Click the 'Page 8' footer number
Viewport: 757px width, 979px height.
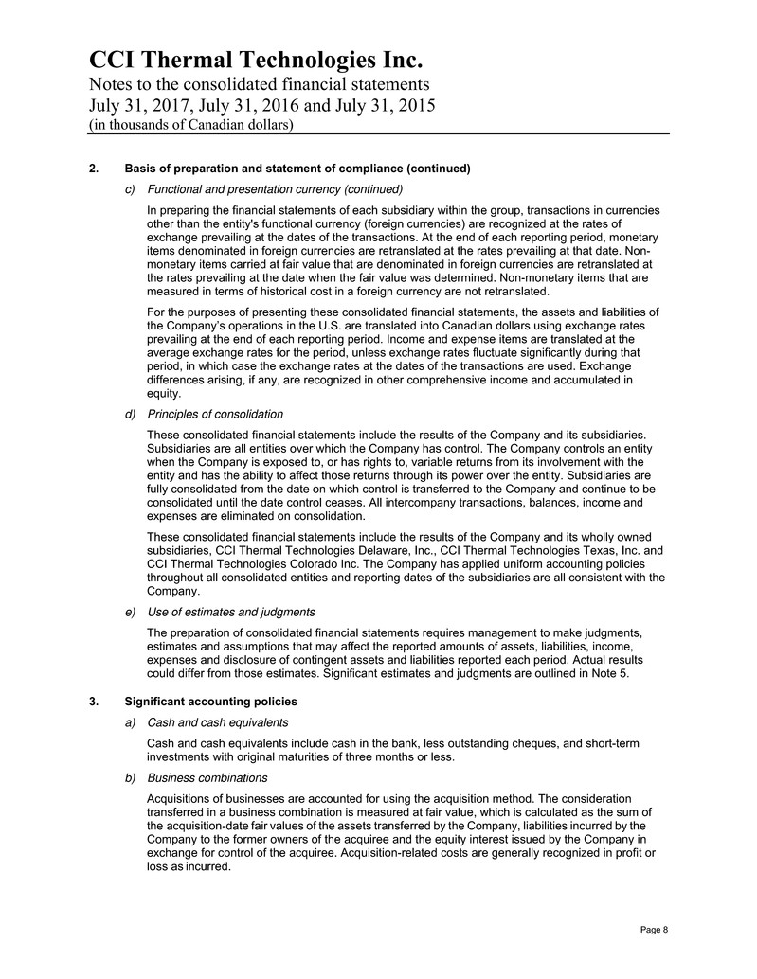pyautogui.click(x=654, y=930)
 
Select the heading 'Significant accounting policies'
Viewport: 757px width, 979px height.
pyautogui.click(x=211, y=702)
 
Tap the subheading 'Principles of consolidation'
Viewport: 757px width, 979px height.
pyautogui.click(x=215, y=414)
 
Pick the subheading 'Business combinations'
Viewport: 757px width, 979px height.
pyautogui.click(x=207, y=778)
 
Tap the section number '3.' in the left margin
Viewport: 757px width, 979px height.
pyautogui.click(x=93, y=702)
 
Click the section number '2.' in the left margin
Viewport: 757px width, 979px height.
pyautogui.click(x=93, y=169)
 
